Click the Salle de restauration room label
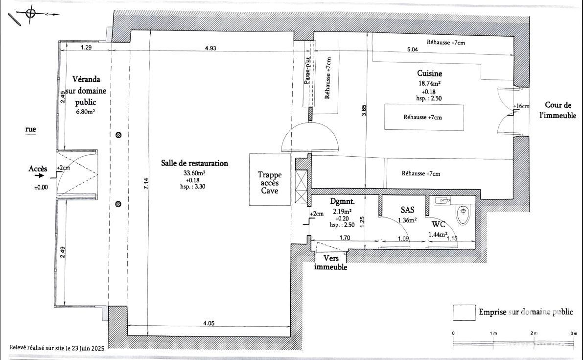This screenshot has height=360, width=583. coord(194,163)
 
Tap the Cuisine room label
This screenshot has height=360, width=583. coord(429,73)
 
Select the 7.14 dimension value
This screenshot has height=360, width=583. coord(146,184)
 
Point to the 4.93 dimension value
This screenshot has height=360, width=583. coord(210,48)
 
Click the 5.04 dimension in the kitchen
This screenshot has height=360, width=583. coord(412,49)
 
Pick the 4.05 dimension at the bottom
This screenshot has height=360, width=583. coord(209,324)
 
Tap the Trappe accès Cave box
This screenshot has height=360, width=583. coord(269,179)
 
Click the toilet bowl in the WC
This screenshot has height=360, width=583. coord(463,215)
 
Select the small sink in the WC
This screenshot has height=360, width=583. coord(443,201)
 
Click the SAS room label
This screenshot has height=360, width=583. coord(407,210)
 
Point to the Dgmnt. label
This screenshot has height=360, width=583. coord(343,202)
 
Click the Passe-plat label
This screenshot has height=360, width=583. coord(307,71)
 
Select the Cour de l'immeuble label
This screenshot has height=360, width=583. coord(558,110)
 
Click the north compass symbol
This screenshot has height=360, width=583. coord(30,13)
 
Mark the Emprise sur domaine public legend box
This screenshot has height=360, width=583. coord(464,312)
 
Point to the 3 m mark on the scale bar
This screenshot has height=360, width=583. coord(575,334)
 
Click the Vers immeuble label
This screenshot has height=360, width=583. coord(330,263)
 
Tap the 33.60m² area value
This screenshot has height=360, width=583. coord(194,173)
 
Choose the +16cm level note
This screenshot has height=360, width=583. coord(521,106)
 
